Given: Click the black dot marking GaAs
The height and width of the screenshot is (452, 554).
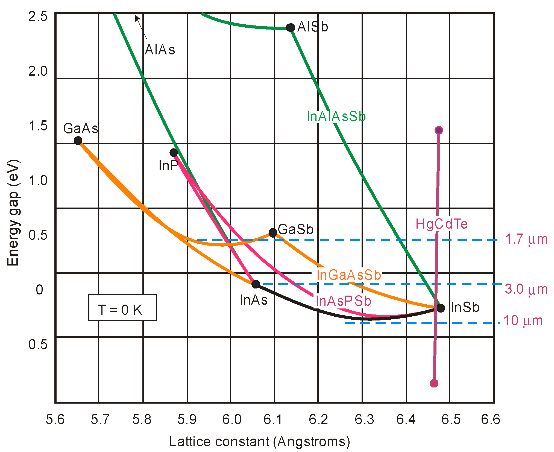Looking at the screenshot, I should pyautogui.click(x=78, y=141).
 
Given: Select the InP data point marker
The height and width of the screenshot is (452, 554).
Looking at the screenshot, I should pyautogui.click(x=174, y=153).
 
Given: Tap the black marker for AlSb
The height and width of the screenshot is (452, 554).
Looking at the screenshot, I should pyautogui.click(x=290, y=27).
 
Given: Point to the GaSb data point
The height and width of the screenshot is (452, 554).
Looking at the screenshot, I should pyautogui.click(x=273, y=233).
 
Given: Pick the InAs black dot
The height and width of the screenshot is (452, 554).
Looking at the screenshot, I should pyautogui.click(x=256, y=284).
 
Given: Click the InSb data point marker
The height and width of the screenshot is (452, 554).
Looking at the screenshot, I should pyautogui.click(x=441, y=308).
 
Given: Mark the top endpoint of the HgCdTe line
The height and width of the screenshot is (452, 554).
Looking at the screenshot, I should pyautogui.click(x=439, y=130).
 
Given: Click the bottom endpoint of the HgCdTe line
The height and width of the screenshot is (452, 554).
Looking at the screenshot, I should pyautogui.click(x=434, y=383).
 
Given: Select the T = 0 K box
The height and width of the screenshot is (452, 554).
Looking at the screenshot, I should pyautogui.click(x=122, y=307).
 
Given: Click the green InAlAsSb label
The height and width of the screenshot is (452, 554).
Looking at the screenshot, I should pyautogui.click(x=336, y=116).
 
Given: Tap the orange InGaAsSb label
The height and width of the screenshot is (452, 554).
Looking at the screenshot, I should pyautogui.click(x=349, y=275).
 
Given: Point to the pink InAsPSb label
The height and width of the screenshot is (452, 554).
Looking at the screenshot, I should pyautogui.click(x=344, y=301).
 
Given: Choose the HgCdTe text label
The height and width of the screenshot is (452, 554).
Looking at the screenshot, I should pyautogui.click(x=441, y=224).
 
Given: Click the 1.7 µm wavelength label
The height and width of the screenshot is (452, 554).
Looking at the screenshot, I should pyautogui.click(x=526, y=239).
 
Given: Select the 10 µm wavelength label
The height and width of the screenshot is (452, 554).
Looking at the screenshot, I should pyautogui.click(x=523, y=320).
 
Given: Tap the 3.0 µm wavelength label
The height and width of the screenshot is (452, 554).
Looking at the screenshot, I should pyautogui.click(x=526, y=289).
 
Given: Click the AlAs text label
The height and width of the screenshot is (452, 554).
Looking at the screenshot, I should pyautogui.click(x=160, y=50).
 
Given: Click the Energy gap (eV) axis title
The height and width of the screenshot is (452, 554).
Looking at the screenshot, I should pyautogui.click(x=13, y=213).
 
